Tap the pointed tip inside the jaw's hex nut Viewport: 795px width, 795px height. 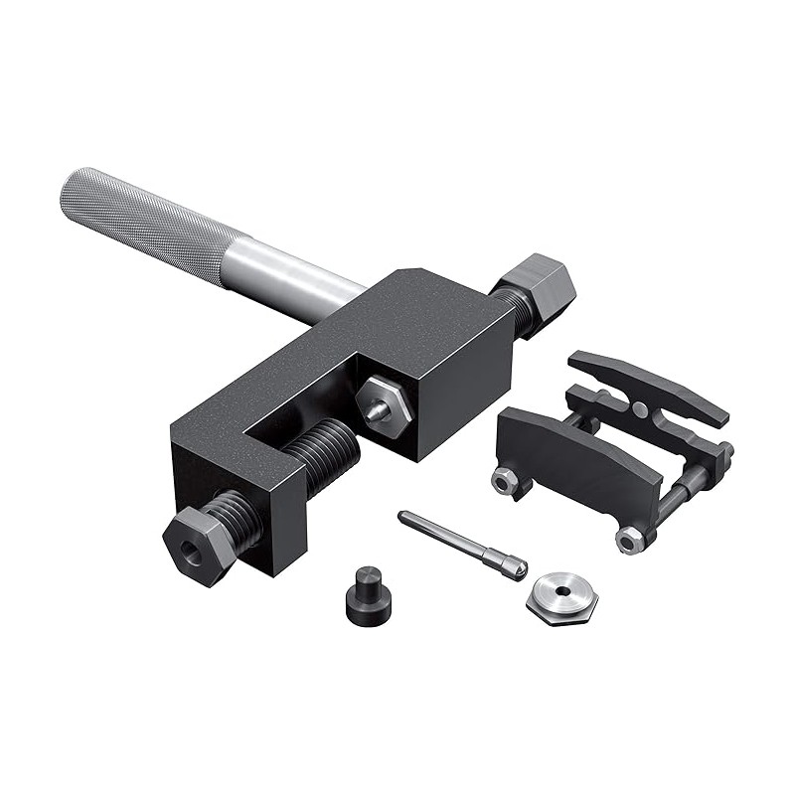376,407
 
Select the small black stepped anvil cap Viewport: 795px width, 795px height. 367,594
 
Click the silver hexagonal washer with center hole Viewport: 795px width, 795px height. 561,595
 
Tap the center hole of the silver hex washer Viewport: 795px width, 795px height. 563,590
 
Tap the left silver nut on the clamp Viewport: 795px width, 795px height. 504,480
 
